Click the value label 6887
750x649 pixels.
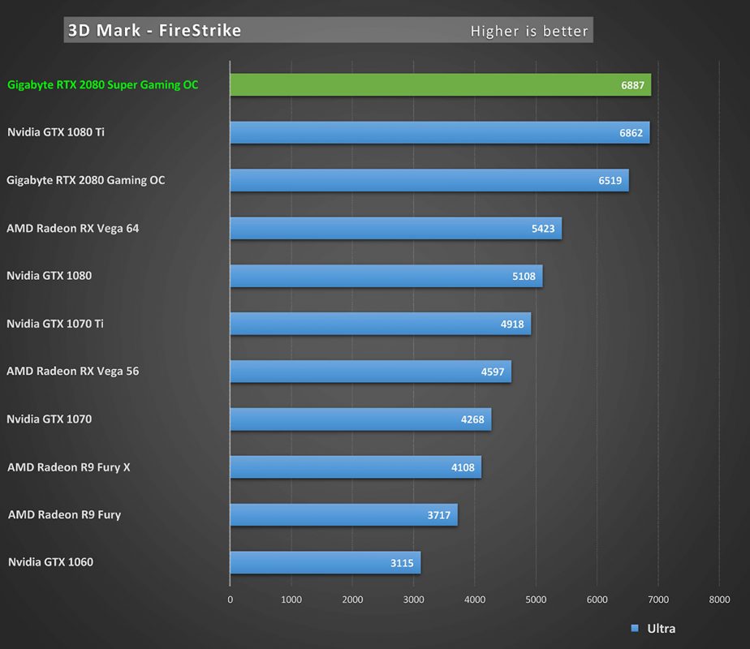tap(632, 85)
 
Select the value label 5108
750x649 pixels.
tap(524, 276)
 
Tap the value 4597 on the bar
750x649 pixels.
tap(493, 372)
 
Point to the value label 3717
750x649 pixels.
tap(438, 515)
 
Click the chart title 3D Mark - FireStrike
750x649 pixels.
tap(154, 31)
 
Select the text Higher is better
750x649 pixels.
tap(528, 32)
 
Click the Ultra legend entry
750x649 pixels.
tap(653, 629)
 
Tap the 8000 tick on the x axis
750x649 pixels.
tap(719, 600)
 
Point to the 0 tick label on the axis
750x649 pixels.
tap(230, 600)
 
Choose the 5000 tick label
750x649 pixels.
tap(536, 600)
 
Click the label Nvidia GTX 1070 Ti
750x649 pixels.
tap(55, 324)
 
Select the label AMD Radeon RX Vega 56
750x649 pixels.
tap(73, 372)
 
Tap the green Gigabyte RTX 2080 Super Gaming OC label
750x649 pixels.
tap(102, 84)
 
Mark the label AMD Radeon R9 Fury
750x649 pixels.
tap(64, 514)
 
